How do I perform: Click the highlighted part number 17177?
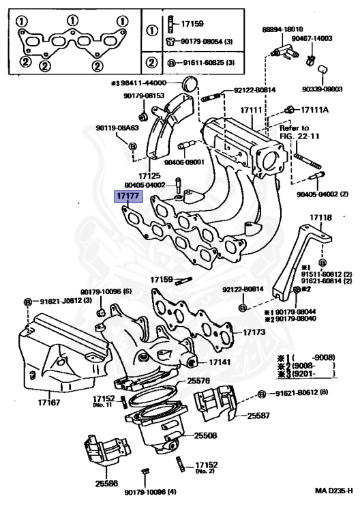click(127, 196)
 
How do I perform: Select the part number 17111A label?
click(314, 110)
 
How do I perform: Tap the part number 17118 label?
click(320, 218)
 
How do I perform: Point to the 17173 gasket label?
click(254, 332)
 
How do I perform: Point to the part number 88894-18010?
click(283, 30)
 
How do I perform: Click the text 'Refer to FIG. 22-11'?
click(295, 132)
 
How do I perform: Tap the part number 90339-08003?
click(322, 89)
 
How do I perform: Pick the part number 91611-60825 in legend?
click(202, 62)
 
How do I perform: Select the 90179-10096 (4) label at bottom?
click(151, 492)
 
